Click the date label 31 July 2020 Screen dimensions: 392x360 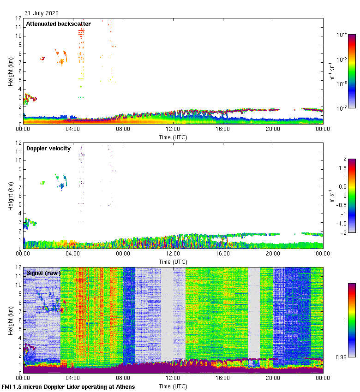(42, 13)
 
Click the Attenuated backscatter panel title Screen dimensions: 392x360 (58, 24)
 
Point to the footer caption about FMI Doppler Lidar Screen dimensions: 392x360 (68, 386)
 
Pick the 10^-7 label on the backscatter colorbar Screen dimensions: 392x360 (342, 108)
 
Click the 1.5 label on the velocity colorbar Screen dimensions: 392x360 (342, 168)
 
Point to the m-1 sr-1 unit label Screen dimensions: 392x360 (332, 71)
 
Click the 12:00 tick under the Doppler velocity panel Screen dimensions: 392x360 (173, 254)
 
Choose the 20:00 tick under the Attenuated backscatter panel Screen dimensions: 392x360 (273, 129)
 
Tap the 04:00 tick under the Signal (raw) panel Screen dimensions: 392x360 (73, 378)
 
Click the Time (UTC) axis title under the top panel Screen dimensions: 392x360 (173, 137)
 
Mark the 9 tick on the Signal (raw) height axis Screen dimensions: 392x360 (19, 294)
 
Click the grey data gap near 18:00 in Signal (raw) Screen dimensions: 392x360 (254, 314)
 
